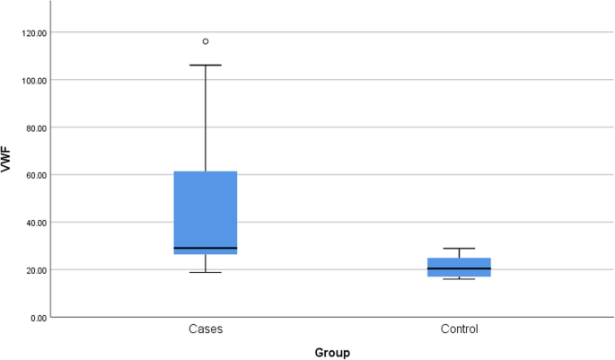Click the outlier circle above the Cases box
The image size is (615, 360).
(x=206, y=41)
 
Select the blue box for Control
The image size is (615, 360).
(x=459, y=267)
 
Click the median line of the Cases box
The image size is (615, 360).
(x=206, y=248)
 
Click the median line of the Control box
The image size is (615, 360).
(x=459, y=268)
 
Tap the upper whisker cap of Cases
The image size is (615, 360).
(x=206, y=65)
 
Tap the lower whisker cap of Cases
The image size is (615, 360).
(x=206, y=272)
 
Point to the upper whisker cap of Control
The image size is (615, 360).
(x=459, y=249)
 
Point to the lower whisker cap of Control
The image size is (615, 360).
(x=459, y=279)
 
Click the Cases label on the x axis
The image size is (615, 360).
(x=206, y=329)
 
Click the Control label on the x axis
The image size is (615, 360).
(x=459, y=329)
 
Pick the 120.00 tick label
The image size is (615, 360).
(x=34, y=32)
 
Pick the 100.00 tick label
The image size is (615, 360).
(x=34, y=80)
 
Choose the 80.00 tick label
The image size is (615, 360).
(x=36, y=127)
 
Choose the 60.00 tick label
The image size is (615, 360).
(x=36, y=175)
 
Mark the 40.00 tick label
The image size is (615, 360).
(x=36, y=223)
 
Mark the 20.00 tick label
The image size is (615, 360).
(x=36, y=270)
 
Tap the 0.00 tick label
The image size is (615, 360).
(x=39, y=318)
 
